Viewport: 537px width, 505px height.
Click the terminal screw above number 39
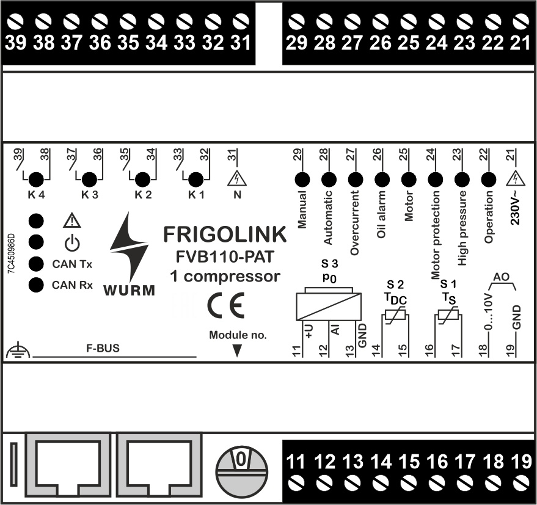(x=15, y=23)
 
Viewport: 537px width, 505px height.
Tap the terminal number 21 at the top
(x=520, y=43)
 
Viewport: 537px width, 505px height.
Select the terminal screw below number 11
(x=296, y=482)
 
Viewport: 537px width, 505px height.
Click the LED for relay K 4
(x=36, y=180)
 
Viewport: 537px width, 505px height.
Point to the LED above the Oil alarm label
(x=382, y=179)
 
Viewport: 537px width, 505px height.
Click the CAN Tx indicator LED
(x=37, y=264)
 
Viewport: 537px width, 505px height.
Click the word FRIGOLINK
(x=224, y=234)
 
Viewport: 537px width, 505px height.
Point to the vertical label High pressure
(x=462, y=228)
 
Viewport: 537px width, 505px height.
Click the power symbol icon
(x=72, y=243)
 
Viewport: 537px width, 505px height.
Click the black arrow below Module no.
(x=238, y=350)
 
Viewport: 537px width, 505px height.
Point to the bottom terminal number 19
(x=521, y=461)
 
